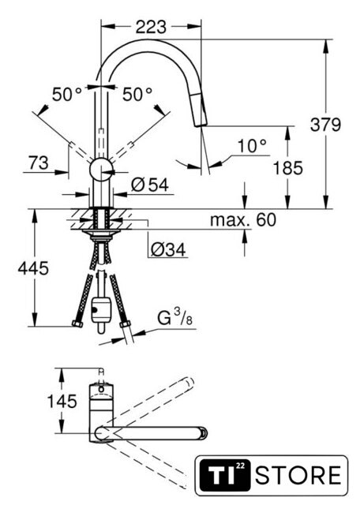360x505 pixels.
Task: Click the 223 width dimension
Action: click(x=151, y=27)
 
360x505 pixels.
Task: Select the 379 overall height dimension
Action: click(x=325, y=125)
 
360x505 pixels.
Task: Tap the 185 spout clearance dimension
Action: click(x=288, y=168)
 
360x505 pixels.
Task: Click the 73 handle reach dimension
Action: click(x=39, y=163)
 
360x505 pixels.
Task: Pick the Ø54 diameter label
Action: click(x=150, y=185)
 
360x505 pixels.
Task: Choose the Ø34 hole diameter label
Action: click(x=168, y=249)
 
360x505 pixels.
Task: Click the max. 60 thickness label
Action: click(x=243, y=220)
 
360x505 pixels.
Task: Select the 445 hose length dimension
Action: click(x=33, y=268)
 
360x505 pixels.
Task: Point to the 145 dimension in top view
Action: click(x=62, y=401)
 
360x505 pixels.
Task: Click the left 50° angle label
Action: click(x=67, y=95)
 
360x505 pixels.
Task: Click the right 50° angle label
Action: click(x=137, y=95)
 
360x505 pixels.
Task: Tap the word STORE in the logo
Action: click(x=298, y=475)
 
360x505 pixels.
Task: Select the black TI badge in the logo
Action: click(x=225, y=476)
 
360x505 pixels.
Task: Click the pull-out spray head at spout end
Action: click(x=199, y=109)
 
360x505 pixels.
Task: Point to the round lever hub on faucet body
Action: click(x=102, y=170)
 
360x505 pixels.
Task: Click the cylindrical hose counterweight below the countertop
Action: click(x=101, y=310)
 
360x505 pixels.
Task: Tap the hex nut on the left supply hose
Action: click(x=77, y=324)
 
